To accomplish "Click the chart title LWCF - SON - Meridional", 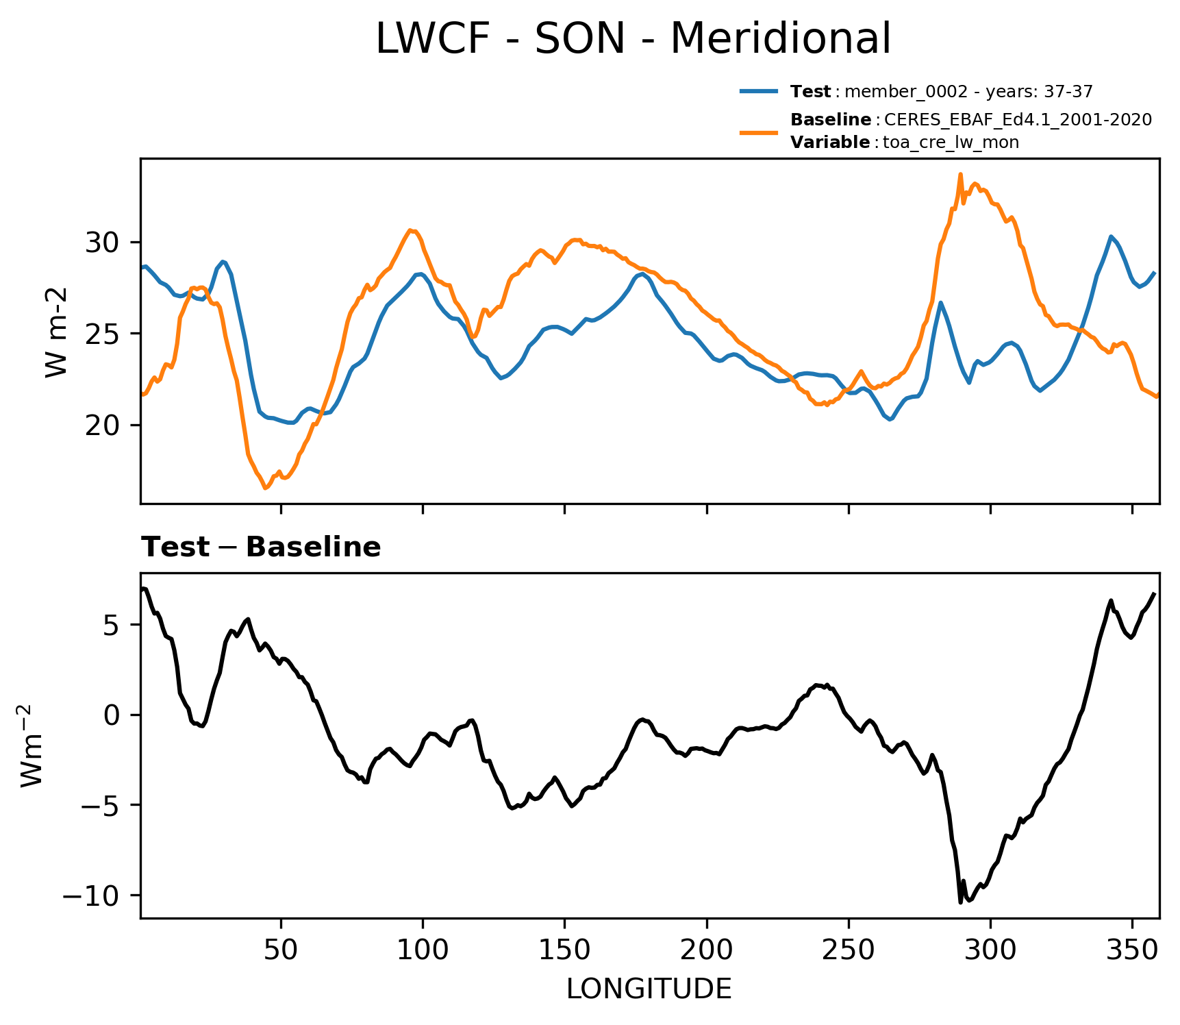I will click(x=633, y=38).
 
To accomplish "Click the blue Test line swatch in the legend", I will click(x=759, y=91).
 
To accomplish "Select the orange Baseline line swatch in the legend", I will click(x=759, y=131).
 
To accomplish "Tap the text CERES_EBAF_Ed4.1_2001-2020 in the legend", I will click(x=1018, y=120).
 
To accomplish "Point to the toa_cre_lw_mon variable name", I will click(x=951, y=143).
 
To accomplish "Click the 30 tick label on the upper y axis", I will click(x=103, y=243).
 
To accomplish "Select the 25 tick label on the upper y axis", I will click(x=103, y=334).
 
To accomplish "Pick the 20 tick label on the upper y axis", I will click(x=103, y=425).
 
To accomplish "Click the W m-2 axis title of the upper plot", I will click(x=57, y=332).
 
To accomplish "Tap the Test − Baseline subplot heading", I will click(x=261, y=547).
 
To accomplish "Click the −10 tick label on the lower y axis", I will click(x=93, y=896).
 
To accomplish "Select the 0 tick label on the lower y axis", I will click(x=112, y=715).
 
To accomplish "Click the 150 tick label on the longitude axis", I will click(x=564, y=950).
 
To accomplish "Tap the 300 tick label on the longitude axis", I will click(x=990, y=950).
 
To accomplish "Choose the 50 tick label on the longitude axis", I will click(x=281, y=950).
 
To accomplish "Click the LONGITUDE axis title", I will click(x=649, y=989).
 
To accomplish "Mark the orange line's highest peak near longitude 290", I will click(x=960, y=174).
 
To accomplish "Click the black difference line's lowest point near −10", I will click(x=960, y=902).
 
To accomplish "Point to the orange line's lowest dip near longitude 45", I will click(x=266, y=489).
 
